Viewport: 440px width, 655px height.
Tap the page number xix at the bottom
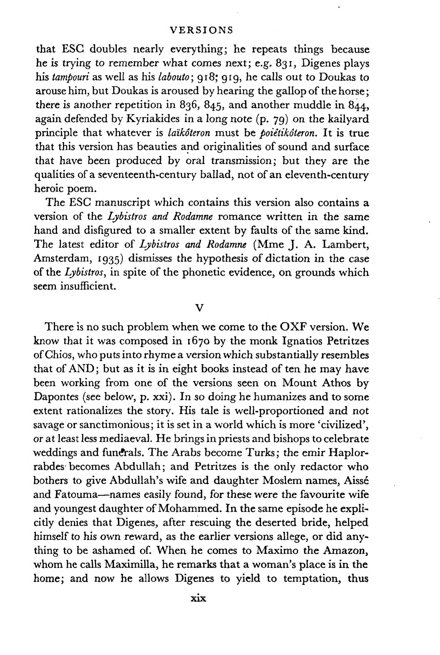[199, 598]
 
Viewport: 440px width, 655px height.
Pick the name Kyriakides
[153, 119]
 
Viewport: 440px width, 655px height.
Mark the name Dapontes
[56, 397]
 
